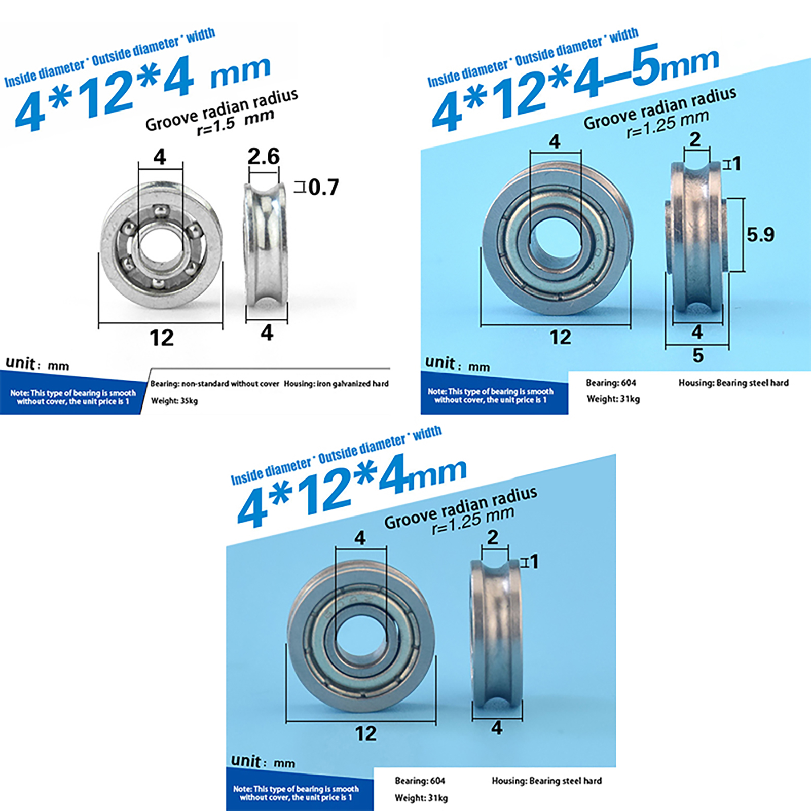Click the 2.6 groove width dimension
263,156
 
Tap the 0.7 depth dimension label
323,188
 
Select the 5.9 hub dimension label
760,234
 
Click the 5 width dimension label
698,355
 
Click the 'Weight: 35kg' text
174,401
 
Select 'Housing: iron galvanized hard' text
336,384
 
